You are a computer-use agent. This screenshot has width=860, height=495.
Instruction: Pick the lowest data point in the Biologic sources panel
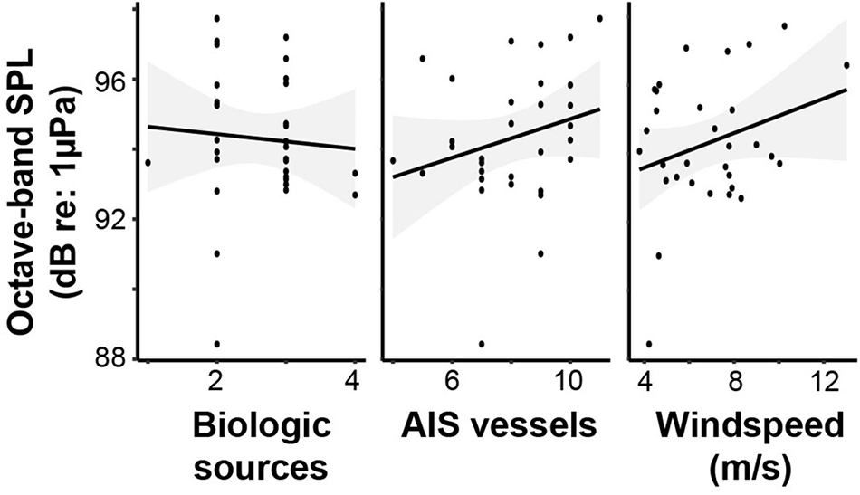tap(216, 344)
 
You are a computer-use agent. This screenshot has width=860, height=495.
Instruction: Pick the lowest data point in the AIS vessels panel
tap(482, 344)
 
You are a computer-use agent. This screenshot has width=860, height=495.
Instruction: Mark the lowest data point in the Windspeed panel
tap(649, 344)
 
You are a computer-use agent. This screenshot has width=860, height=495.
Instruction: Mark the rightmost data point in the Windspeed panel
tap(846, 65)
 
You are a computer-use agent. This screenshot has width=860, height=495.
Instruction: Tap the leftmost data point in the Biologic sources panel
tap(148, 162)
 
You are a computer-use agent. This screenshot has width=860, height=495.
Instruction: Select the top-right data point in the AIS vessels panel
tap(599, 18)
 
